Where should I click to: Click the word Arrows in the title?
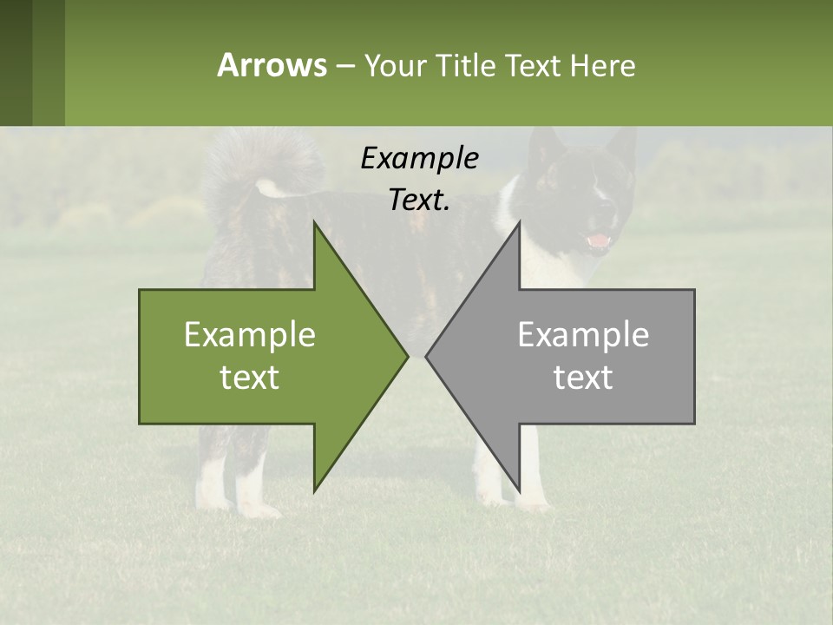click(272, 65)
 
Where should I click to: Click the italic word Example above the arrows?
click(419, 158)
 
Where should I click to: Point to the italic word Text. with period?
click(419, 200)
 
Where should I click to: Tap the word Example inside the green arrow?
click(250, 335)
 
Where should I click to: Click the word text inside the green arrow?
click(250, 378)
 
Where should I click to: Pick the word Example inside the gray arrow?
click(583, 335)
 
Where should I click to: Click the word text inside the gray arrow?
click(583, 378)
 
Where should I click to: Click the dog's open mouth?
click(599, 240)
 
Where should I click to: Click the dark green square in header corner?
click(16, 62)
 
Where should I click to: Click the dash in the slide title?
click(344, 66)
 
